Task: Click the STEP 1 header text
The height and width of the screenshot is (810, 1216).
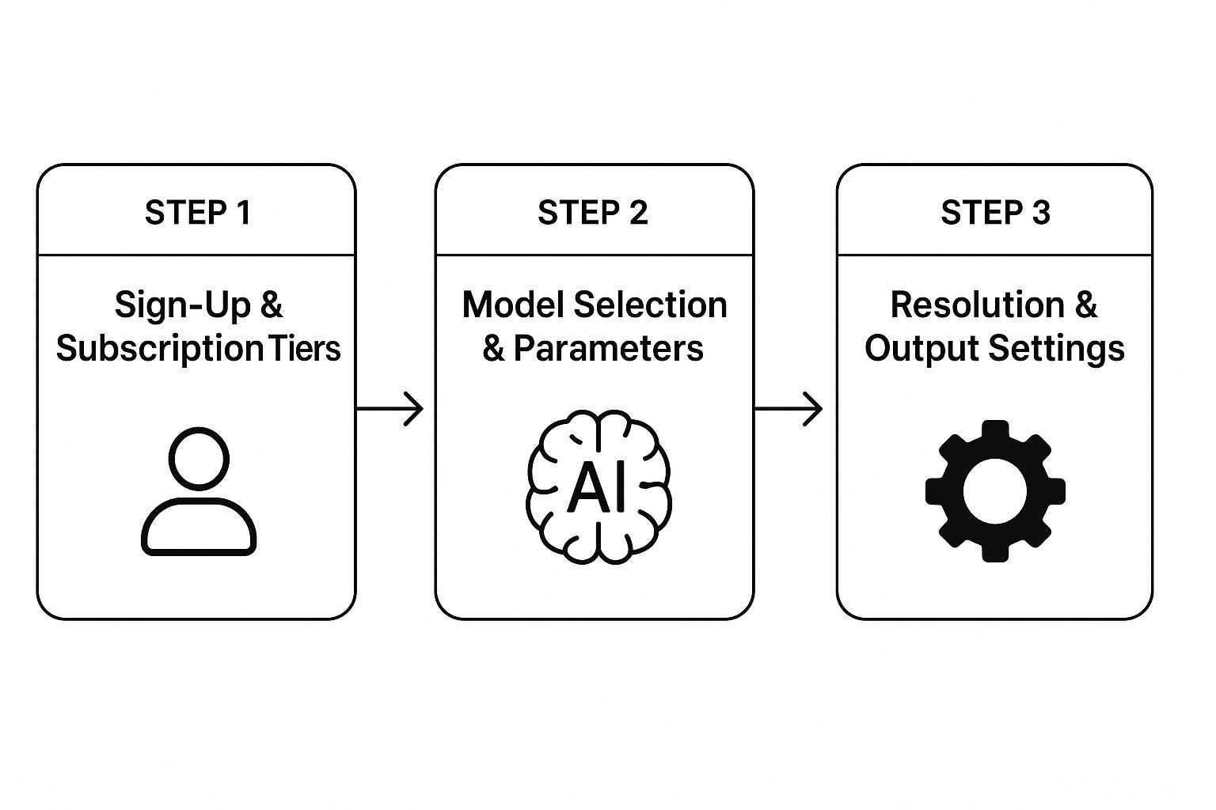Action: (198, 213)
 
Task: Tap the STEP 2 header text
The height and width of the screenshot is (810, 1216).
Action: (593, 213)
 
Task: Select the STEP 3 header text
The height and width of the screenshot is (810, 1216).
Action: (995, 213)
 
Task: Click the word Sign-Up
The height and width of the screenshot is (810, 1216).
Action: (182, 305)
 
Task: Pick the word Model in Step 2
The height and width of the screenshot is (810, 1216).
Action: (513, 305)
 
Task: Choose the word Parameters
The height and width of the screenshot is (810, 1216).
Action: (609, 349)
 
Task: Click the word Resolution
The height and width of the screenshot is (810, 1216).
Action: (977, 305)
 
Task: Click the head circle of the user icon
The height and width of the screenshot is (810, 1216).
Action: (199, 458)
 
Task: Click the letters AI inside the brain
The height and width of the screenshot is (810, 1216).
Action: (598, 487)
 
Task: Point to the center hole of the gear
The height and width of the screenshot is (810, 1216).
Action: (995, 491)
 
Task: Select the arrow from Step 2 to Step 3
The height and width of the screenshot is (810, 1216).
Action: (788, 409)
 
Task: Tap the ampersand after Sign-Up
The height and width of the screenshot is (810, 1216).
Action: (271, 305)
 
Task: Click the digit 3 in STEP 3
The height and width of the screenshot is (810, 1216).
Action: (1040, 213)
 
